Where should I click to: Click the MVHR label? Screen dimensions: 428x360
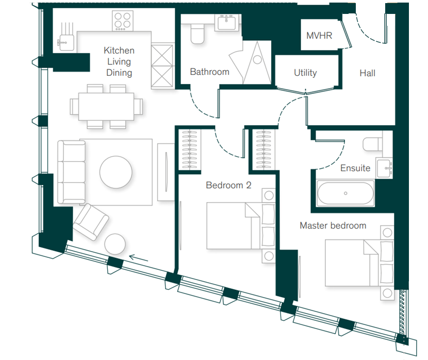(x=319, y=36)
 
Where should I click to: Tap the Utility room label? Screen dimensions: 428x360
(x=305, y=73)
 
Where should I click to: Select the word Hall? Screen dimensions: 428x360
(x=367, y=73)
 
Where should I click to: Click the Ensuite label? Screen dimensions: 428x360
(x=355, y=168)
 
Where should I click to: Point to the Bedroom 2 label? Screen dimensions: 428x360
(x=228, y=185)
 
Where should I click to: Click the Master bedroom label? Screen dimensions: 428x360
(x=333, y=225)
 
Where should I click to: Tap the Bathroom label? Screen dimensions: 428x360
(x=210, y=72)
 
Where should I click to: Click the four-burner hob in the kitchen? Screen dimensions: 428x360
(x=123, y=21)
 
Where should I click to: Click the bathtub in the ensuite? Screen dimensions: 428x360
(x=345, y=193)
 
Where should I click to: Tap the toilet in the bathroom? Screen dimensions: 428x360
(x=197, y=34)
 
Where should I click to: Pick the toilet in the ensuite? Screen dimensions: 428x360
(x=372, y=144)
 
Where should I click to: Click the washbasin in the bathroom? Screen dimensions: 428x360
(x=226, y=22)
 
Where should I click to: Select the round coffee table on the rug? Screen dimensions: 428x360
(x=116, y=172)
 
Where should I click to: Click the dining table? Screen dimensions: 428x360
(x=106, y=107)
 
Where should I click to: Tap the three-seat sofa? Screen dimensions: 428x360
(x=72, y=172)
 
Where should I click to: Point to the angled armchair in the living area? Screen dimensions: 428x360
(x=91, y=222)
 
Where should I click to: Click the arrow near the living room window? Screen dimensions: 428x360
(x=138, y=258)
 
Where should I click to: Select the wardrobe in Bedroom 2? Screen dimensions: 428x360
(x=189, y=150)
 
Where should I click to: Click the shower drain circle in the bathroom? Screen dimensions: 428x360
(x=257, y=59)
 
